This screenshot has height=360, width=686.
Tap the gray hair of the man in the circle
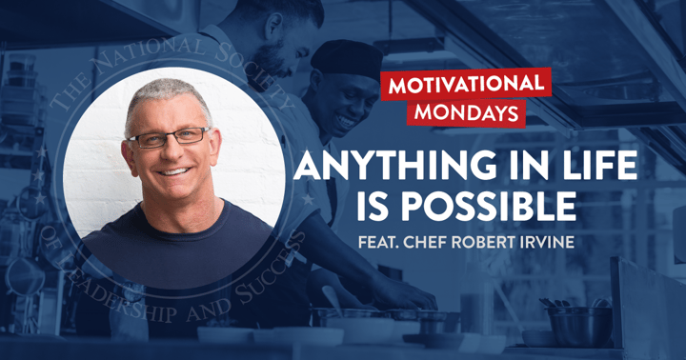coord(162,93)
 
